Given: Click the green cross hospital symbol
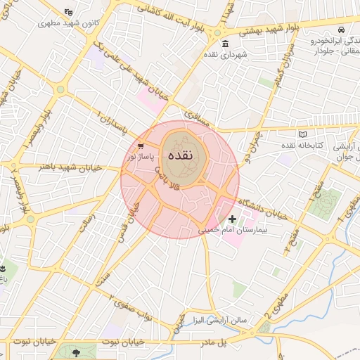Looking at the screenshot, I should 233,219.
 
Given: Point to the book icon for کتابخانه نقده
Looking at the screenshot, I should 303,134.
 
